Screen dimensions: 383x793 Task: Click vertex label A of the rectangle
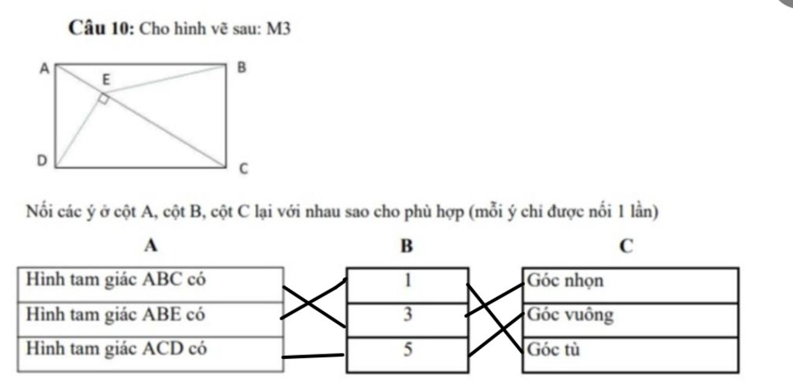coord(44,69)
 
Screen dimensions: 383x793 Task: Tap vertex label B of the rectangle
coord(241,68)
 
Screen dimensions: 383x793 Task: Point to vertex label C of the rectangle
coord(242,169)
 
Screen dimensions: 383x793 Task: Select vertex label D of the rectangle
coord(43,160)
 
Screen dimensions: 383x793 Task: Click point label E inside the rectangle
coord(105,79)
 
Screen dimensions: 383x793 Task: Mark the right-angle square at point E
coord(103,99)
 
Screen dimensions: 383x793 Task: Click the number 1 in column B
coord(407,280)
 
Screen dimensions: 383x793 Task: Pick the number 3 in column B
coord(407,315)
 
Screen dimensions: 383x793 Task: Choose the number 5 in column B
coord(407,349)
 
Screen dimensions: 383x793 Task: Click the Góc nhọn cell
coord(629,281)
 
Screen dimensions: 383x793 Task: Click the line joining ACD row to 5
coord(313,356)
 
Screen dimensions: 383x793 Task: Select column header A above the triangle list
coord(151,246)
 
